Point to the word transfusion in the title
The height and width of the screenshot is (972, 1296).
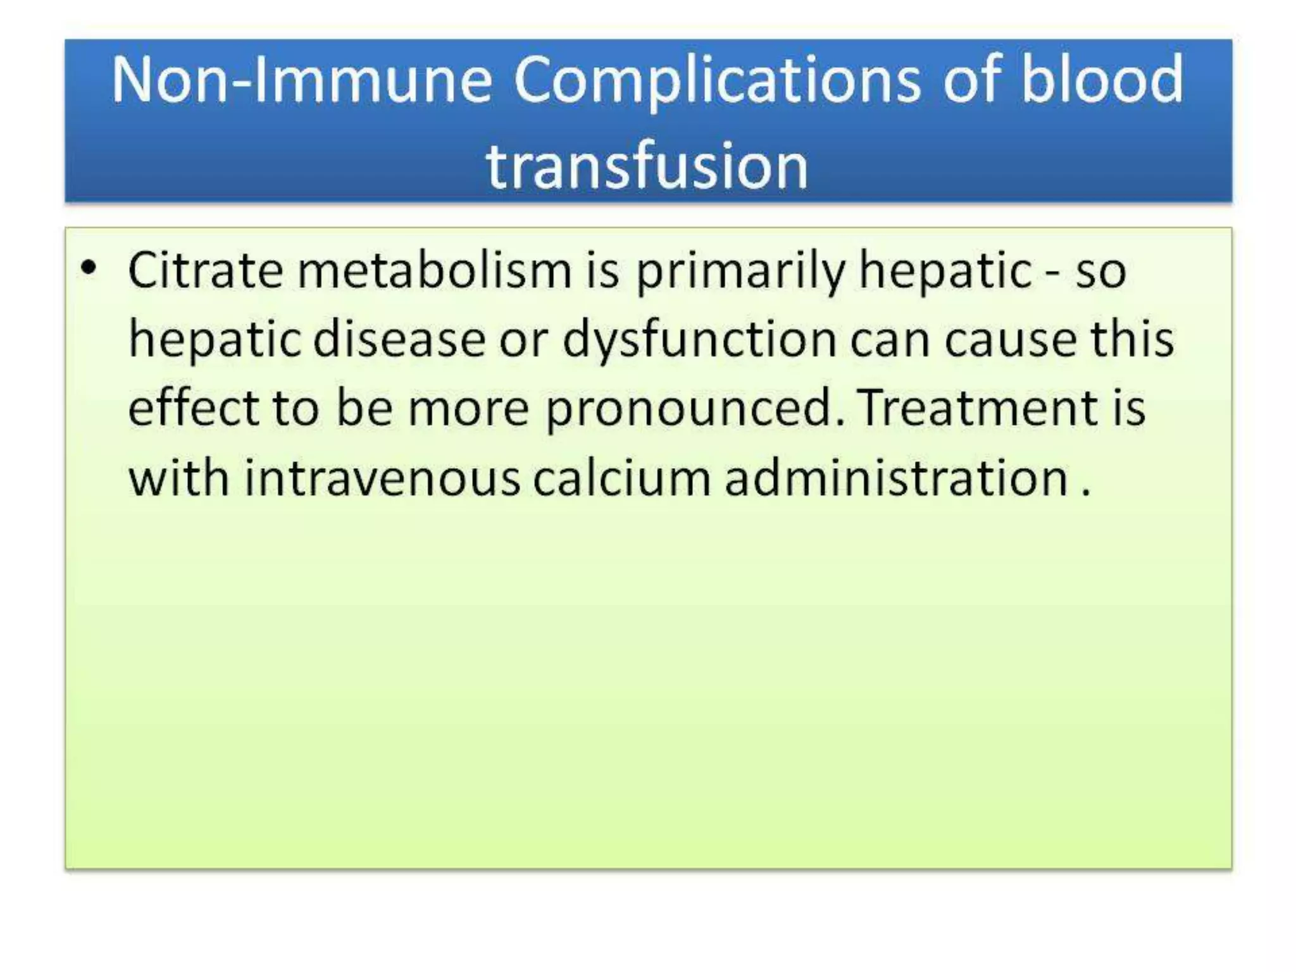(647, 166)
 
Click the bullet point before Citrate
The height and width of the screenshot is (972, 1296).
(89, 268)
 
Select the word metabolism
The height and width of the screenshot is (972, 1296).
(435, 270)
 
